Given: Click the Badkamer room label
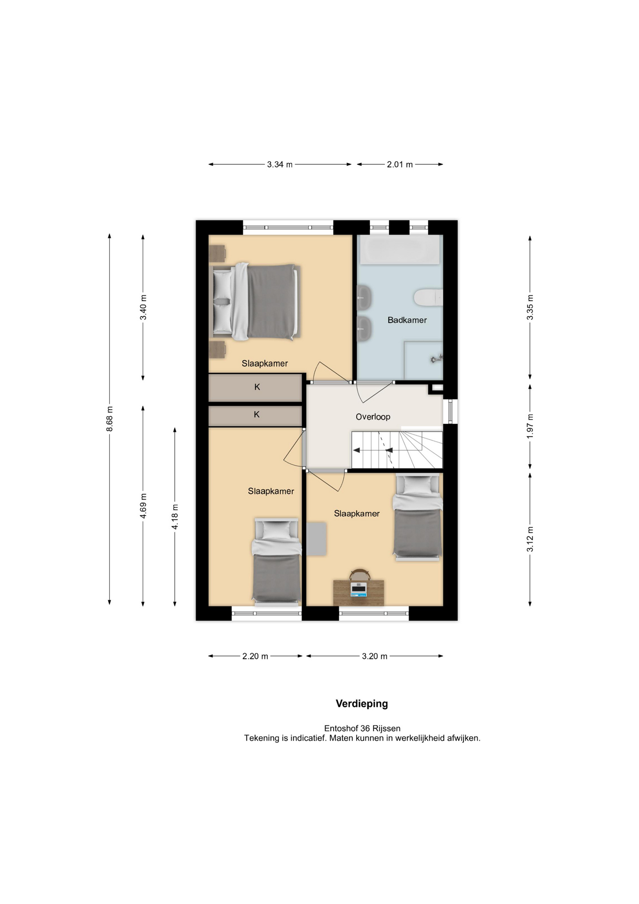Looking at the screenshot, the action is [407, 320].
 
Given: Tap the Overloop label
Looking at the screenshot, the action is [373, 417].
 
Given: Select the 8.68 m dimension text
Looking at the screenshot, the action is [110, 419].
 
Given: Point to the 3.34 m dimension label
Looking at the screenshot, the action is [280, 164].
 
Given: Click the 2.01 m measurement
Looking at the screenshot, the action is [400, 164].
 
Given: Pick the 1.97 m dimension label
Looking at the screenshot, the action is [530, 426].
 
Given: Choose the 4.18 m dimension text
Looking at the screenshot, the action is [175, 517].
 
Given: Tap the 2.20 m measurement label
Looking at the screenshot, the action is [255, 656].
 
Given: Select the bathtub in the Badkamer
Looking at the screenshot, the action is [400, 250].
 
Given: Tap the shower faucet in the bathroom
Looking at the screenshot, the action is [437, 359].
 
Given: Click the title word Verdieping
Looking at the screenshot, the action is [362, 703].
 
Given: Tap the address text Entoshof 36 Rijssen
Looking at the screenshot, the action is [362, 728].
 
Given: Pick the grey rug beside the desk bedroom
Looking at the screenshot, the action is [317, 539].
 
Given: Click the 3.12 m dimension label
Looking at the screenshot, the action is [530, 539].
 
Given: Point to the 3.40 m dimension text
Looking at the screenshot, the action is [143, 307].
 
